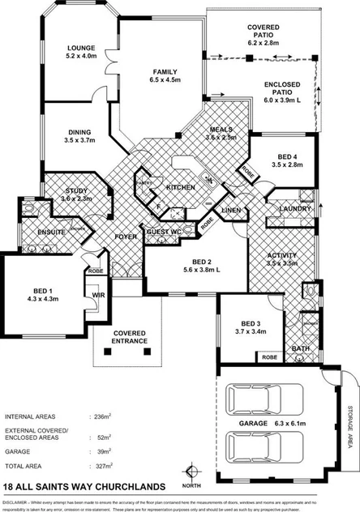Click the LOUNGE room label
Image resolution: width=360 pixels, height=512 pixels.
[x=80, y=49]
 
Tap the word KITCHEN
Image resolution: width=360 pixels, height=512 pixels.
[x=181, y=187]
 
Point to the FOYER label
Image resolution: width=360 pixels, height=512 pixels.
[x=125, y=237]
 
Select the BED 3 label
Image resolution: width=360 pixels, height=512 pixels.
[x=246, y=321]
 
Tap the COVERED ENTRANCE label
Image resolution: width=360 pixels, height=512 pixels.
[x=130, y=337]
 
